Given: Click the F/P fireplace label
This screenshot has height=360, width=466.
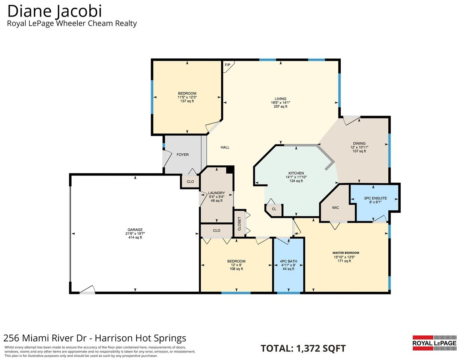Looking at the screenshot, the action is point(227,65).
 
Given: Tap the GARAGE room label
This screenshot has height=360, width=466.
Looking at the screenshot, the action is point(135,230).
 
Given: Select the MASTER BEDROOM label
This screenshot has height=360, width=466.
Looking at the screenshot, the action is point(346,253).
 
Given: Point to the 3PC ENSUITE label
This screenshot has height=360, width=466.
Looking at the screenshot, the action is point(375,198).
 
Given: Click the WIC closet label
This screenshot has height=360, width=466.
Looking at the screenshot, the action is point(335,208).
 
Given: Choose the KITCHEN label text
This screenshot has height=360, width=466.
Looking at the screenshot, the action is point(296,173).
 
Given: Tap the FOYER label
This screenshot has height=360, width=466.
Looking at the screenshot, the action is point(183,155).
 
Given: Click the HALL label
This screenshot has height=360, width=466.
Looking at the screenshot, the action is point(225,147).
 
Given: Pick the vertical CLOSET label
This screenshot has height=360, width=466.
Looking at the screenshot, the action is point(239,224).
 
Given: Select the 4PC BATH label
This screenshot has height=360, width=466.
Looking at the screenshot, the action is point(289,261).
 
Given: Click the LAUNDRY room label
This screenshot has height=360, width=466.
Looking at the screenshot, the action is point(216,193).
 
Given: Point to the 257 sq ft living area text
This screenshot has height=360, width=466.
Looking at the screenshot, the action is point(281,106).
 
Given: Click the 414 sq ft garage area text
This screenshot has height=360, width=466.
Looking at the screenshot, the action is point(135,237).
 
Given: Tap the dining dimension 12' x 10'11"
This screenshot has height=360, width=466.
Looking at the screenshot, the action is point(359,147).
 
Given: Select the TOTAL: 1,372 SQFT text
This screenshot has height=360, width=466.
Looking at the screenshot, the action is point(303,348).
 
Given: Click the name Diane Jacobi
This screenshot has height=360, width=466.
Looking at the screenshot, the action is point(54,11).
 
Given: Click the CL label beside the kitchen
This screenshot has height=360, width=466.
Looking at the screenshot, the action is point(274,209).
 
